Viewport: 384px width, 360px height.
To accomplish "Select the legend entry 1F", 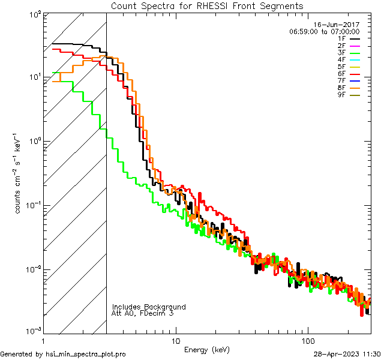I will point(341,38).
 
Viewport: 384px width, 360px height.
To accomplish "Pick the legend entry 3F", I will point(341,53).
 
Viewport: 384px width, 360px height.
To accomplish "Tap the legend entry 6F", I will point(341,74).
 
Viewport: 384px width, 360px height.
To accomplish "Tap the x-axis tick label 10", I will point(175,341).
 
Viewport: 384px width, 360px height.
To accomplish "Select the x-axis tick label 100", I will point(307,341).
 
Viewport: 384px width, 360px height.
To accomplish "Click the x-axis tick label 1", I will point(43,341).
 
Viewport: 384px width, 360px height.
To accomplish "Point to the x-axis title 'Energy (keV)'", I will point(206,349).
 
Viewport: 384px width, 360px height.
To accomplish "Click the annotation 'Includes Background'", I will point(149,307).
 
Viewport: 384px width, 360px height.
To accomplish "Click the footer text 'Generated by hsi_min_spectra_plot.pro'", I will point(63,354).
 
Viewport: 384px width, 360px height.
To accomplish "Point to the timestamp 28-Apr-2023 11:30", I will point(347,354).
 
